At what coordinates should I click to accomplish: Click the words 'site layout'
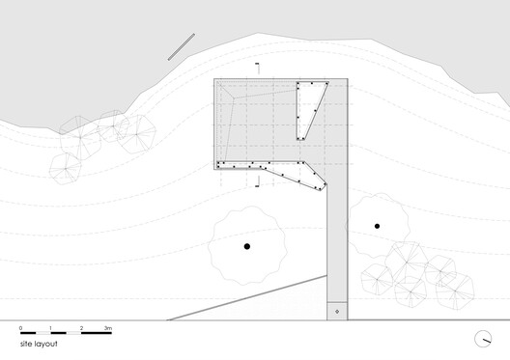38,344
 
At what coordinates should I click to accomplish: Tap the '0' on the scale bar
20,329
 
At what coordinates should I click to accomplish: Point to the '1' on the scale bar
51,329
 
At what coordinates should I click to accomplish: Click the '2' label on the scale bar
81,329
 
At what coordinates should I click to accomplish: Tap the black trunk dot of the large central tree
247,247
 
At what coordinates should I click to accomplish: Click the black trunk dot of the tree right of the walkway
377,227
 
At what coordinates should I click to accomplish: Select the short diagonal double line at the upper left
181,47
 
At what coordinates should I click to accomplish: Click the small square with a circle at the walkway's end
336,312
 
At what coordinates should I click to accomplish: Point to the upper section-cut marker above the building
258,67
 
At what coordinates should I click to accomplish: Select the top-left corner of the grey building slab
215,79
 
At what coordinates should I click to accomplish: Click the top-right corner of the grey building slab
345,79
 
